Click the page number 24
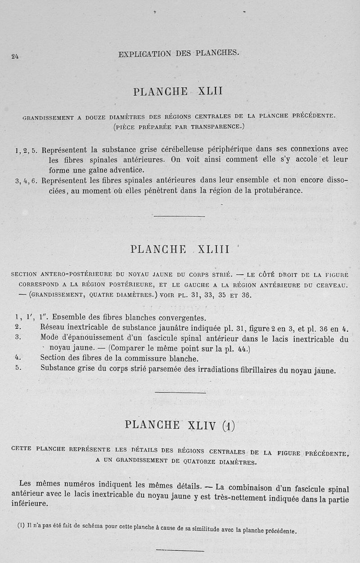tap(15, 56)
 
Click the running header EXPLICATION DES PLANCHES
tap(179, 54)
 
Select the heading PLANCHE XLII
tap(178, 92)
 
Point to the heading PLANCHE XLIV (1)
tap(180, 425)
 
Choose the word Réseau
tap(54, 328)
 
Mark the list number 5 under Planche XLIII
tap(17, 368)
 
